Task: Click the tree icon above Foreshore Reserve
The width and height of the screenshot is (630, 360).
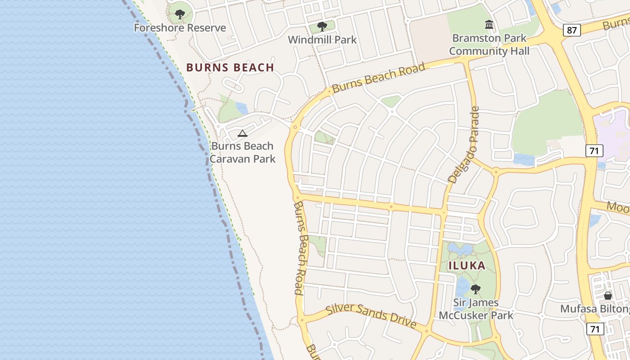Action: (180, 14)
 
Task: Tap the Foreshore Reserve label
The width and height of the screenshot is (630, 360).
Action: (180, 28)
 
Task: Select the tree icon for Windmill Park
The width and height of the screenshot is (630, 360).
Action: (322, 27)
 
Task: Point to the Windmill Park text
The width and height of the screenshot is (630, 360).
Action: (322, 40)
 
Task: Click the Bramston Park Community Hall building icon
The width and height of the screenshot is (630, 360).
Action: (489, 25)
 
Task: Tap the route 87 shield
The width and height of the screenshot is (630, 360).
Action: (571, 30)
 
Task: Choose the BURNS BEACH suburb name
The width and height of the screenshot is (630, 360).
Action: (230, 67)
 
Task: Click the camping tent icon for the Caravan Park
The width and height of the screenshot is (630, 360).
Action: (243, 133)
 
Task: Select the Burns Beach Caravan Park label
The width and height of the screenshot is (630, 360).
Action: (243, 153)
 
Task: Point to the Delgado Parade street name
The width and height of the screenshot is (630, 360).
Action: (464, 145)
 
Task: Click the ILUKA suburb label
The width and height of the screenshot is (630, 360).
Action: (467, 265)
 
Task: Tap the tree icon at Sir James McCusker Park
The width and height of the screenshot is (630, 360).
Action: (475, 289)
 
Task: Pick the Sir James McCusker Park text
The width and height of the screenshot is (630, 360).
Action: (476, 309)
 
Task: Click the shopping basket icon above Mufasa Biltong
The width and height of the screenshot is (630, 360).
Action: (608, 296)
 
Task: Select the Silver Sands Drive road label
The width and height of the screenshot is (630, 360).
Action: (371, 315)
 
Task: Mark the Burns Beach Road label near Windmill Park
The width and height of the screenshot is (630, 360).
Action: (378, 78)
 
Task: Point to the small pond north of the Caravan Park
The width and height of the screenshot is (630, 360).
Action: (242, 108)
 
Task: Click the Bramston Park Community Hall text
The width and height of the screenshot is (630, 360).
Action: (489, 45)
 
